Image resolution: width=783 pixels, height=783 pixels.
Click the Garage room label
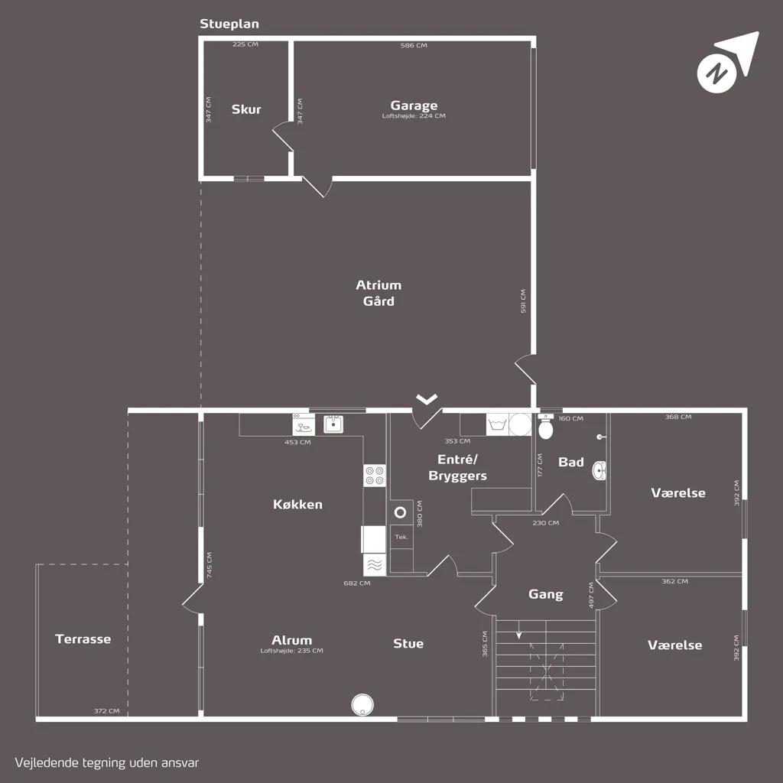(x=414, y=106)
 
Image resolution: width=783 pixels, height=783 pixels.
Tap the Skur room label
(x=246, y=109)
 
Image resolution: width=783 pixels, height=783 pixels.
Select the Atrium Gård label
(x=379, y=293)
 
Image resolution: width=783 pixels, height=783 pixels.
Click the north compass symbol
(x=727, y=63)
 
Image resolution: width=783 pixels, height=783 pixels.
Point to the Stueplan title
(x=229, y=24)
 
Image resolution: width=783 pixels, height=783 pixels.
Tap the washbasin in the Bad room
(x=599, y=470)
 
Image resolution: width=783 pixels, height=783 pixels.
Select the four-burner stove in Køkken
(x=375, y=476)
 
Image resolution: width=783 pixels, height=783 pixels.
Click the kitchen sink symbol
(x=333, y=424)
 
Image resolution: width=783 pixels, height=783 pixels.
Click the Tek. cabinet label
(x=401, y=538)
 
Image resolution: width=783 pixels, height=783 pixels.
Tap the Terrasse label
(x=83, y=639)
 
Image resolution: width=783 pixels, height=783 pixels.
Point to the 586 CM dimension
(x=414, y=45)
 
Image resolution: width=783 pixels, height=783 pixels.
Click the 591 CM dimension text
(x=523, y=301)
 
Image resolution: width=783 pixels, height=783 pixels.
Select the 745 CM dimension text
(x=210, y=565)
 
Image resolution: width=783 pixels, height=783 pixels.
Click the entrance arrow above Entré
(x=427, y=399)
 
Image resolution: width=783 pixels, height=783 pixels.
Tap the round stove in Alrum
(x=362, y=705)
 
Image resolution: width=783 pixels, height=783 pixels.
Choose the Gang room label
(x=546, y=594)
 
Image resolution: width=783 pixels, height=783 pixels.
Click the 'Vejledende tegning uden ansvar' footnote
(x=107, y=762)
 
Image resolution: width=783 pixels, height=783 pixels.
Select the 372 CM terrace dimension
(x=107, y=711)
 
